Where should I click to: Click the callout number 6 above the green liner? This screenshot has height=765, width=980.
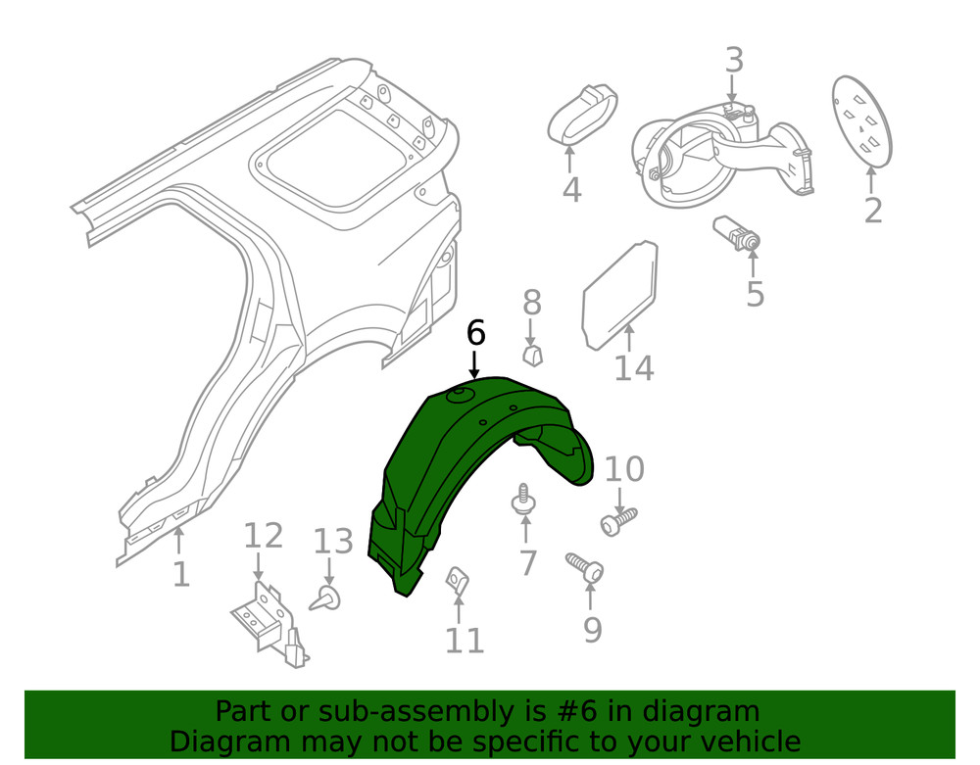pos(475,333)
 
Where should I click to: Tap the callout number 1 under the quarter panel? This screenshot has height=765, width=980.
pos(180,574)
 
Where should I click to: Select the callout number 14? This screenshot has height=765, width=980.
pos(634,368)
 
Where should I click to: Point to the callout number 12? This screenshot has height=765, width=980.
pos(263,536)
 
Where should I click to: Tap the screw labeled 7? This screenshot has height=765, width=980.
pos(525,502)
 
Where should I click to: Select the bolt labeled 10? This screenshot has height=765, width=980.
pos(618,520)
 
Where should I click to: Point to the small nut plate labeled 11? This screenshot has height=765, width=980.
pos(456,580)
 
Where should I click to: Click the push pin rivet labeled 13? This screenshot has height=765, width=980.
pos(327,598)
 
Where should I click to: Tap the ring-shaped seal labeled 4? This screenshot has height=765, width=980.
pos(582,115)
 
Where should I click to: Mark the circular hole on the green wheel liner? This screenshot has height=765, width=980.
pos(459,396)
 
